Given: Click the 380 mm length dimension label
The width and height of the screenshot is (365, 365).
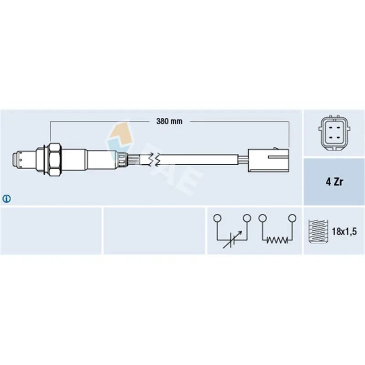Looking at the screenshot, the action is pos(169,121).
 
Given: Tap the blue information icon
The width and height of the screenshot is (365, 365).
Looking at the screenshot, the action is pos(6,199).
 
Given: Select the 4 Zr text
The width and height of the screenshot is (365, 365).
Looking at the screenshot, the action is pos(334,182).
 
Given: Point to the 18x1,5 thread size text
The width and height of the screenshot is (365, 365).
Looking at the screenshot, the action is pos(344,232).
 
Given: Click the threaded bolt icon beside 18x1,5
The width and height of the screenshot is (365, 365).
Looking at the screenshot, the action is pos(318,231).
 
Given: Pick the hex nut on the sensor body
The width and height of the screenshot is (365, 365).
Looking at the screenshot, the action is pos(55,159).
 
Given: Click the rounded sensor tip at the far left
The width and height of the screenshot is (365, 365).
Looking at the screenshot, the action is pos(16,159).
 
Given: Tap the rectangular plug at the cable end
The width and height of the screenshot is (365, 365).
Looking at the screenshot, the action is pos(269,160).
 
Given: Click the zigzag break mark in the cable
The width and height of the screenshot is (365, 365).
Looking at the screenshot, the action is pos(154,159).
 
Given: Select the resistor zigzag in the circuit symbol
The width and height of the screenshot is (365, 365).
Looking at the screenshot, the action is pos(277,240).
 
